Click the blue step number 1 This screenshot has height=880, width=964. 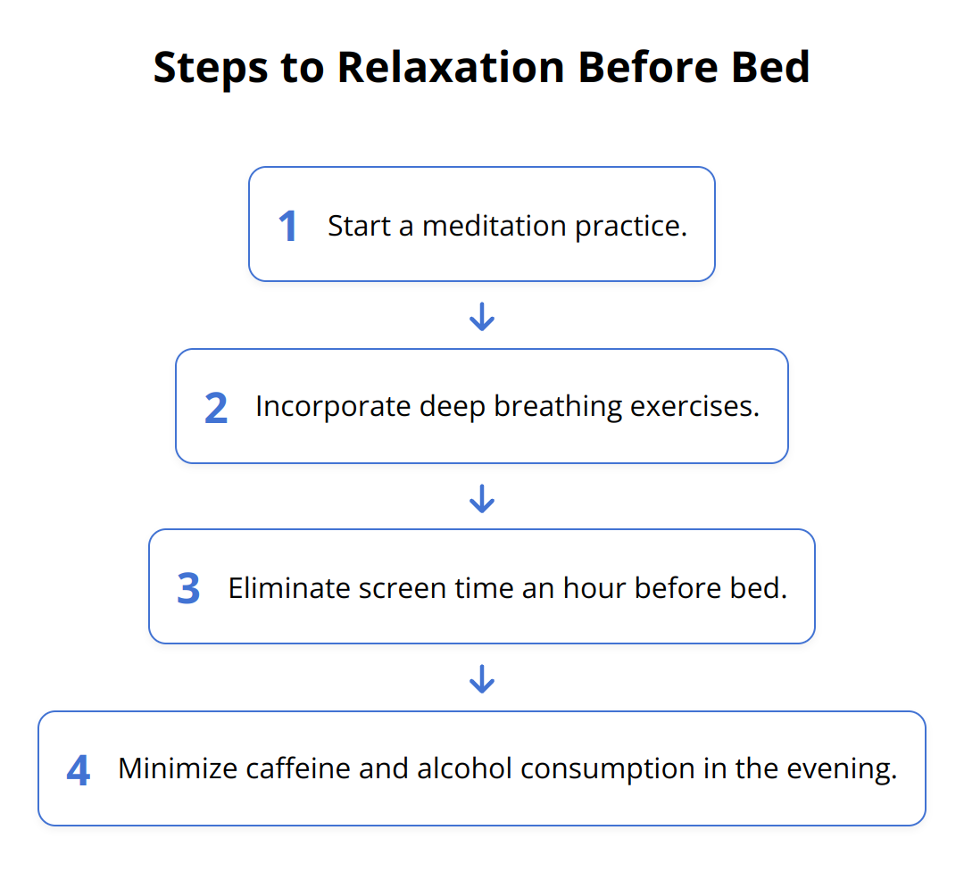[x=287, y=226]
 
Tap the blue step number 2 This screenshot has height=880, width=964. [x=216, y=408]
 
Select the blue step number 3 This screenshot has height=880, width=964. [x=188, y=589]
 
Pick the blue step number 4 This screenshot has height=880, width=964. [x=79, y=770]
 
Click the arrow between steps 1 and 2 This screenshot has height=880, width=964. [x=482, y=316]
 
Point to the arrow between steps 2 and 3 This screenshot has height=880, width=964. [x=482, y=498]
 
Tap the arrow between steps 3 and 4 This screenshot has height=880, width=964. [x=482, y=679]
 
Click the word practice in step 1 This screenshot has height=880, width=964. [x=630, y=227]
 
